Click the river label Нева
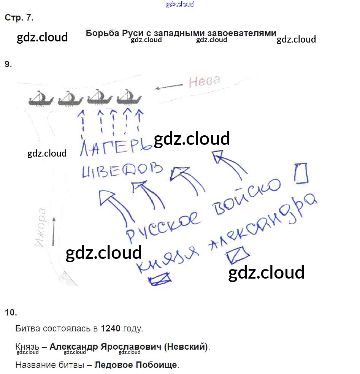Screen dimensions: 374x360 pyautogui.click(x=205, y=81)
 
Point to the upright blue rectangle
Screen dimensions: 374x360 pyautogui.click(x=301, y=173)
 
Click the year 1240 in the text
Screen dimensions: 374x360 pyautogui.click(x=110, y=328)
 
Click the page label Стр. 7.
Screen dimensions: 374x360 pyautogui.click(x=19, y=17)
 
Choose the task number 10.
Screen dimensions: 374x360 pyautogui.click(x=11, y=312)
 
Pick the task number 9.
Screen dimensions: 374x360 pyautogui.click(x=8, y=64)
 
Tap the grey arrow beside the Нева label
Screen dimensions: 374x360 pyautogui.click(x=168, y=87)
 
